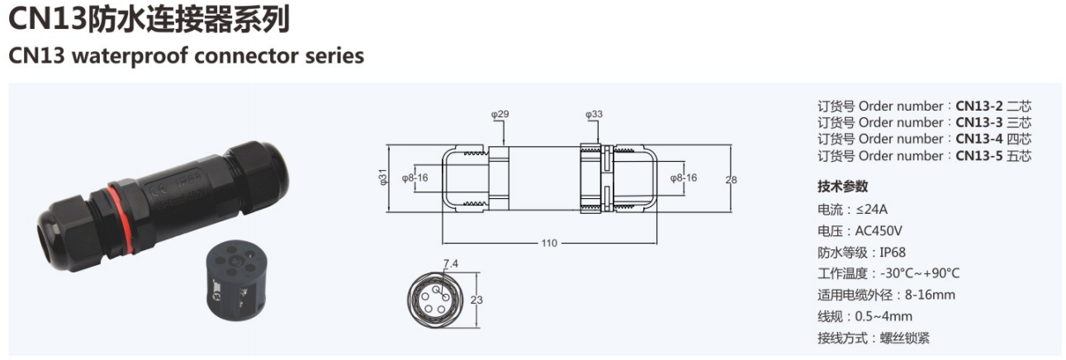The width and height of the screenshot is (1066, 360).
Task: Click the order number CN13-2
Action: pyautogui.click(x=979, y=106)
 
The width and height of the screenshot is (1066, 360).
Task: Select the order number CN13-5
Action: pyautogui.click(x=979, y=156)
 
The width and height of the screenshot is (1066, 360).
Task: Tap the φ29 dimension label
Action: pyautogui.click(x=500, y=114)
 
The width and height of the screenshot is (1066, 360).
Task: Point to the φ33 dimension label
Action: pyautogui.click(x=594, y=114)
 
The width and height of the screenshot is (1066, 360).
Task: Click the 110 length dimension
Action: pyautogui.click(x=549, y=244)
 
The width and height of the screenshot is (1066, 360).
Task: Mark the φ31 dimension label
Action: pyautogui.click(x=383, y=178)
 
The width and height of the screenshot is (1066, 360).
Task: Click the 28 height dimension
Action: pyautogui.click(x=731, y=180)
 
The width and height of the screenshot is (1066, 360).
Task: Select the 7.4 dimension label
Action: pyautogui.click(x=451, y=264)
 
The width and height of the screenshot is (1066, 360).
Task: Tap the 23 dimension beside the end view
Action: pyautogui.click(x=476, y=300)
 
